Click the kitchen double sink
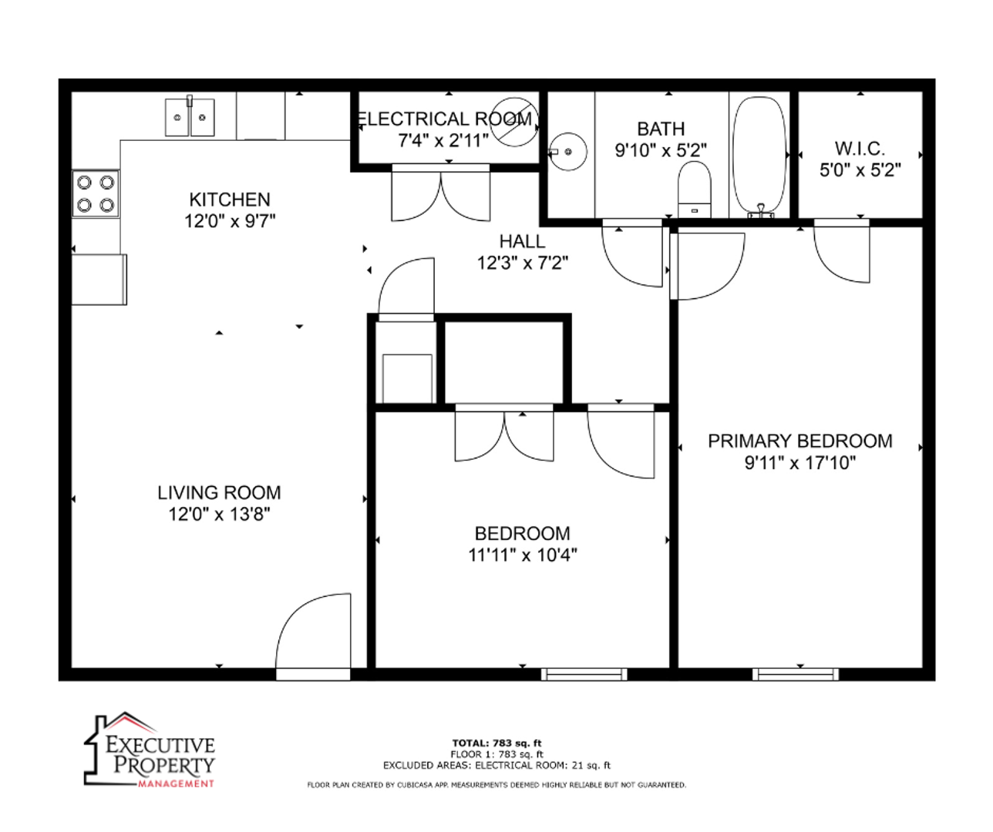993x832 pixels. tap(190, 117)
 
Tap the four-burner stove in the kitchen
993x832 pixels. tap(95, 194)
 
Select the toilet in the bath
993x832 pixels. tap(694, 189)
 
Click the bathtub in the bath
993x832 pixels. tap(759, 157)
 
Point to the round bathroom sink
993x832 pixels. tap(568, 152)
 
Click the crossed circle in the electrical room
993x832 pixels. tap(514, 122)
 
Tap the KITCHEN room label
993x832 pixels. tap(230, 200)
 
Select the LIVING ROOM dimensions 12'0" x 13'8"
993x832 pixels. tap(219, 514)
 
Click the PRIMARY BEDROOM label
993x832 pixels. tap(800, 441)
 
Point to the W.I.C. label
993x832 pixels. tap(860, 149)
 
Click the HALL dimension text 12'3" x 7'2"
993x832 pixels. tap(522, 262)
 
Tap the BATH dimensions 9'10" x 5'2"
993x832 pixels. tap(661, 151)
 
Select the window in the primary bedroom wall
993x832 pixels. tap(795, 674)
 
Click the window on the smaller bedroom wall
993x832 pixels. tap(584, 674)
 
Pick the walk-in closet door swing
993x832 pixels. tap(841, 251)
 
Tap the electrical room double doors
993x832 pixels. tap(440, 193)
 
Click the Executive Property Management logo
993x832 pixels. tap(150, 750)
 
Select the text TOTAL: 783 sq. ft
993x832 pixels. tap(496, 743)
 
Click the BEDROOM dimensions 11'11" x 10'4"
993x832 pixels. tap(522, 555)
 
